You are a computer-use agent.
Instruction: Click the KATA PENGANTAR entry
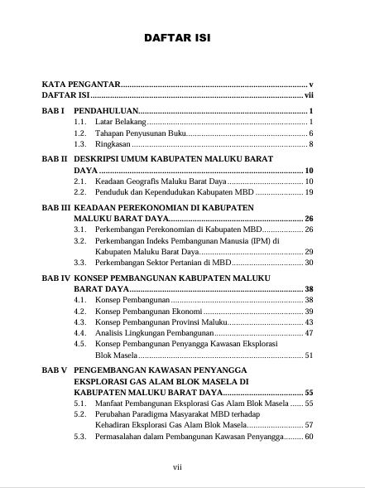83,85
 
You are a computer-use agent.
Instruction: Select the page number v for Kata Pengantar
310,85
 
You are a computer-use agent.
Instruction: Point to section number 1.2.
80,133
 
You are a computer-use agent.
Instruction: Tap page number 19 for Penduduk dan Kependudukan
308,192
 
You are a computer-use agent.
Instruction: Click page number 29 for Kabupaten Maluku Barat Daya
308,251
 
